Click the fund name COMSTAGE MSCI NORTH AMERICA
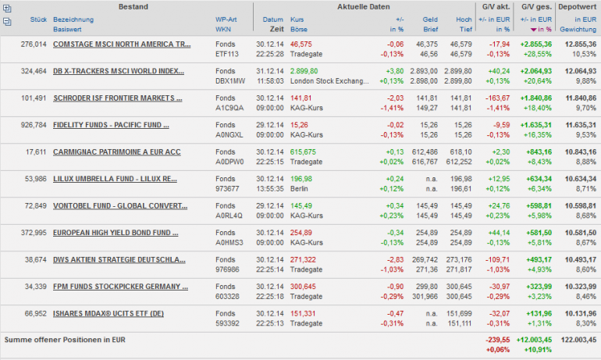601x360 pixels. (121, 45)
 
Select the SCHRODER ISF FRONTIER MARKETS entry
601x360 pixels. (117, 98)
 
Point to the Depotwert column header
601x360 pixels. (578, 6)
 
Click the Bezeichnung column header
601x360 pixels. (73, 19)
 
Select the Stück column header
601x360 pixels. (39, 19)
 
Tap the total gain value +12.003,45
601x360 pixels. (533, 340)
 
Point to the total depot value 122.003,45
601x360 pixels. (578, 340)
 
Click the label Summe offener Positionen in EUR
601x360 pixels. (65, 340)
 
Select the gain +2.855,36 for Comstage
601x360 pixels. (534, 45)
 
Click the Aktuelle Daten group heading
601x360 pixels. (363, 6)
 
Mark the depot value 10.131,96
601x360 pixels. (581, 314)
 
